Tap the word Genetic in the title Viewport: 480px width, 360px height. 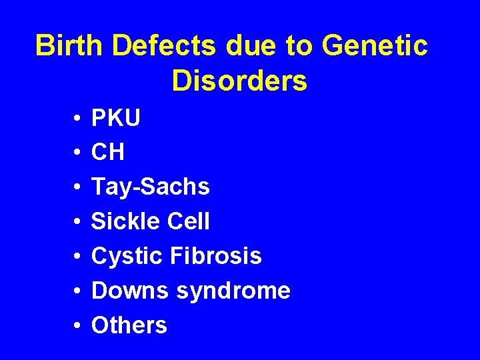pos(375,46)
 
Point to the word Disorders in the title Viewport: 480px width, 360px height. pos(239,81)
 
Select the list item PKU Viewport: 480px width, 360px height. pos(116,119)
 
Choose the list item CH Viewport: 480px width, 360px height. pos(108,153)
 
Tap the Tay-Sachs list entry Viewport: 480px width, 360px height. pos(151,187)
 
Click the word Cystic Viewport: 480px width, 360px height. pos(129,256)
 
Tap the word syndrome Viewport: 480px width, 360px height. pos(234,291)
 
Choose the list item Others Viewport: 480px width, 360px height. pos(129,325)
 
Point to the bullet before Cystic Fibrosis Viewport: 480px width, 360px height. pos(78,257)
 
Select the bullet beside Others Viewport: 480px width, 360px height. pos(78,326)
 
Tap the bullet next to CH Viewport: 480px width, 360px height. pos(78,153)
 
